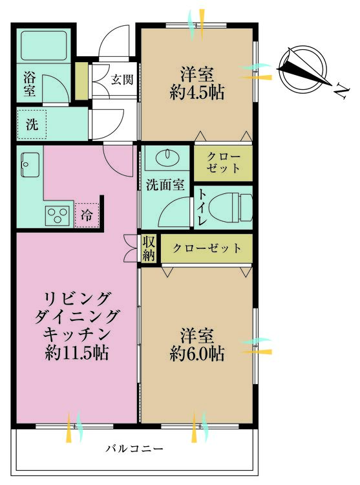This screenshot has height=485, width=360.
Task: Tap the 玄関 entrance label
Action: coord(121,80)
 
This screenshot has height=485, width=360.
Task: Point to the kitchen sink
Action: coord(30,165)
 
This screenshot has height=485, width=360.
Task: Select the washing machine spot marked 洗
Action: coord(32,125)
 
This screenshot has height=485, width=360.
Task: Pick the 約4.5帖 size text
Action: coord(198,92)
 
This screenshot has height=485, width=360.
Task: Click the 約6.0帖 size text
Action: coord(198,354)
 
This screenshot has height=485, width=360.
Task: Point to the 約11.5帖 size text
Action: coord(77,354)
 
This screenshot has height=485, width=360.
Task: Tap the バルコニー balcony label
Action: coord(136,447)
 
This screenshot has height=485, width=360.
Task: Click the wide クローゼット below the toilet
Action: coord(207,248)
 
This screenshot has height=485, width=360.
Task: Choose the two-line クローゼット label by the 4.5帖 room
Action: coord(224,164)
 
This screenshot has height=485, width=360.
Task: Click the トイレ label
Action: coord(202,208)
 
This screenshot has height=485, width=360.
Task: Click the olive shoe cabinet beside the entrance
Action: coord(81,81)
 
